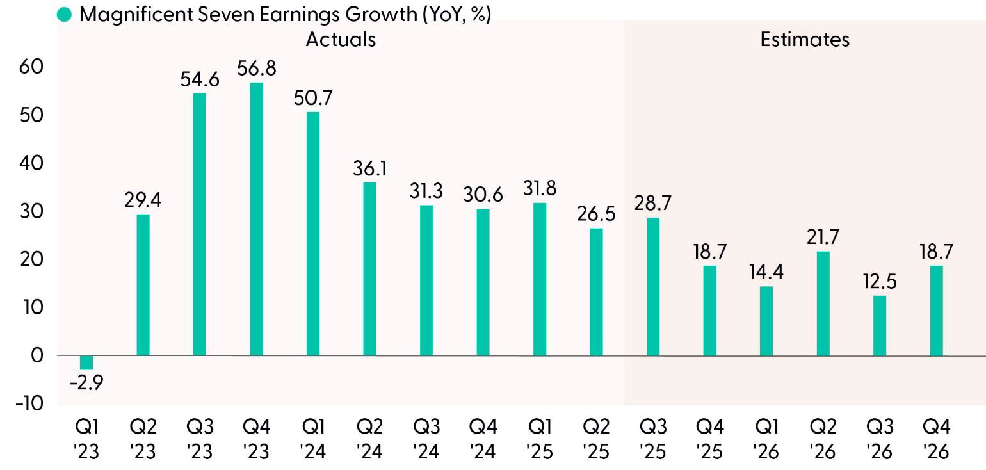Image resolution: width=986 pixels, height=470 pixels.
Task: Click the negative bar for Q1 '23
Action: tap(86, 362)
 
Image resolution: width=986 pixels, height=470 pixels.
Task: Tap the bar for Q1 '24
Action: tap(313, 234)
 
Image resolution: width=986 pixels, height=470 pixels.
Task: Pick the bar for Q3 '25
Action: tap(653, 286)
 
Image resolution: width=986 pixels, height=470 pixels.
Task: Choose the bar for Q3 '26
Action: tap(880, 325)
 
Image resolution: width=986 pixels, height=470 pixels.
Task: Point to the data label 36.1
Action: tap(369, 168)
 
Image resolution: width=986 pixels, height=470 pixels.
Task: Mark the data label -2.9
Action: tap(86, 383)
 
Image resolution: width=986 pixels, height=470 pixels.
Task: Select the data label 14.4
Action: tap(766, 272)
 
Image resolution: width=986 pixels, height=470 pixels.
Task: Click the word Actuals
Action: tap(341, 39)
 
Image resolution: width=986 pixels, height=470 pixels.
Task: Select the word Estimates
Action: tap(805, 39)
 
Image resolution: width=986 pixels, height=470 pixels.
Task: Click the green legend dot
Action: tap(65, 15)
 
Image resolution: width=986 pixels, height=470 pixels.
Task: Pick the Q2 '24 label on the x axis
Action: tap(369, 439)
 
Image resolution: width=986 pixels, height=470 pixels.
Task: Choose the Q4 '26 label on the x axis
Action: tap(936, 439)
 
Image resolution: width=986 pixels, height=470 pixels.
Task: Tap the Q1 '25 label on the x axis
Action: tap(540, 439)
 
